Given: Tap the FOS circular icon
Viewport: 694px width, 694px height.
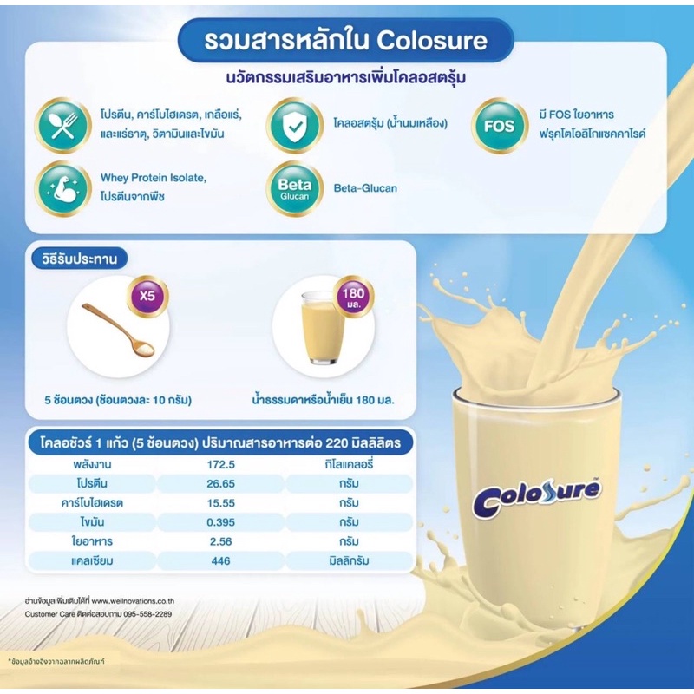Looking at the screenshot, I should tap(500, 126).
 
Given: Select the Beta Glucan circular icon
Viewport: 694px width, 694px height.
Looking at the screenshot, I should tap(294, 188).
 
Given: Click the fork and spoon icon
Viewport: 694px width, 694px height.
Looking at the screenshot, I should tap(62, 126).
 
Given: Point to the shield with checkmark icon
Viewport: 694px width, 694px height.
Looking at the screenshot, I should tap(294, 126).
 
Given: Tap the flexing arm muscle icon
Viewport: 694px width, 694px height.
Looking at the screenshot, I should tap(62, 188).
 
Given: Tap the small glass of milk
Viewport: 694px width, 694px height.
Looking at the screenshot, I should tap(323, 331).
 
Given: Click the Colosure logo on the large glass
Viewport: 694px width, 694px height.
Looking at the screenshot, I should tap(536, 496).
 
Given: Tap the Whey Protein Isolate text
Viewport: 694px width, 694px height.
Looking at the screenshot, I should tap(153, 178).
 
